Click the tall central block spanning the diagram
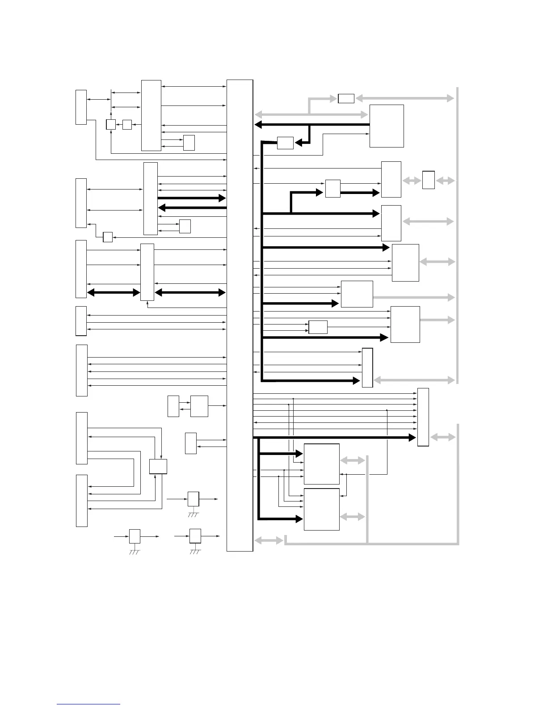240,315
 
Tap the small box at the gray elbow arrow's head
346,98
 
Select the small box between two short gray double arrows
428,180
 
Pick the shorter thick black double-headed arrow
114,293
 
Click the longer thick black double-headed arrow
190,293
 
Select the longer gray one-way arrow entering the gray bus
414,297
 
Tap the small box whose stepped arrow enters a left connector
108,237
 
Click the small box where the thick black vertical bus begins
285,143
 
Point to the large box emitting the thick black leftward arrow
387,126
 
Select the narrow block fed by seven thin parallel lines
423,417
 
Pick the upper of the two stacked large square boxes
321,464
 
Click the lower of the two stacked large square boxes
321,509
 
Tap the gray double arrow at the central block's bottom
269,540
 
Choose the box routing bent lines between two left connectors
158,466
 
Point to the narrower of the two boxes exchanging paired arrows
173,406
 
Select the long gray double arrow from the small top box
405,98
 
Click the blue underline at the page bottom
88,704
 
